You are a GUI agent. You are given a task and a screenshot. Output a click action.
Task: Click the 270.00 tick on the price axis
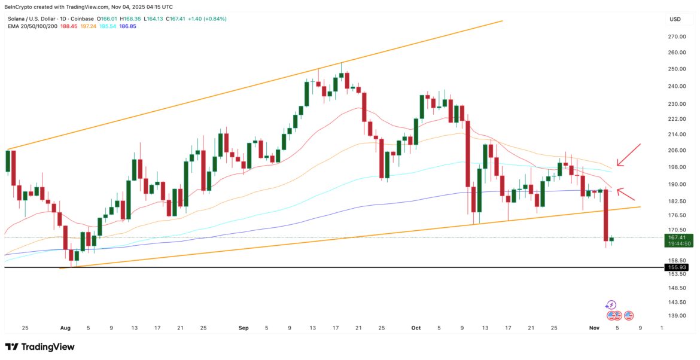(677, 36)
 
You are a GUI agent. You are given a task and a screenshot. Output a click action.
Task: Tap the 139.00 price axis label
(677, 316)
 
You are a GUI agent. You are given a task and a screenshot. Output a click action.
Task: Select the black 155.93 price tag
(677, 267)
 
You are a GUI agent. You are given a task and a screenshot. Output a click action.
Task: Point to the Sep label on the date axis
(243, 328)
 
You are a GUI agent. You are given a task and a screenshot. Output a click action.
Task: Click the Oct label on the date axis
(417, 328)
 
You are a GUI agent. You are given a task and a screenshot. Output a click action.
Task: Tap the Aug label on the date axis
(65, 328)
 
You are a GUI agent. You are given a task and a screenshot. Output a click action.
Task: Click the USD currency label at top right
(675, 19)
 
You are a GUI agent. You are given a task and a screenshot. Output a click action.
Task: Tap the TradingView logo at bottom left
(40, 347)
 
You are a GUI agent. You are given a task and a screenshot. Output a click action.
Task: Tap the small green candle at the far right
(611, 239)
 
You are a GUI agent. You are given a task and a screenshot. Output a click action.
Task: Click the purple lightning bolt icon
(611, 305)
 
